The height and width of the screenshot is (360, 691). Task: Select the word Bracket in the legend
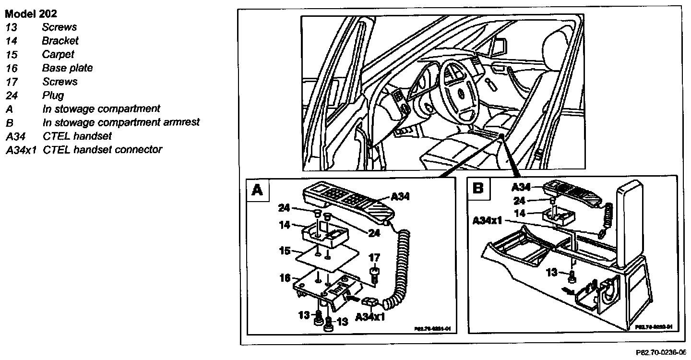pyautogui.click(x=60, y=41)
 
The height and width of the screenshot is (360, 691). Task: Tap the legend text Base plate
pyautogui.click(x=67, y=68)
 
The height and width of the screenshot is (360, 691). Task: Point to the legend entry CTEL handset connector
pyautogui.click(x=102, y=150)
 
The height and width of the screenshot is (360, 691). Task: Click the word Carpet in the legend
pyautogui.click(x=58, y=54)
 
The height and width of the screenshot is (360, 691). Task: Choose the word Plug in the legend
pyautogui.click(x=53, y=96)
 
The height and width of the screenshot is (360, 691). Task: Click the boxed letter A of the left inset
pyautogui.click(x=257, y=191)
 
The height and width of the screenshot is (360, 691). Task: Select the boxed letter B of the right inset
pyautogui.click(x=478, y=188)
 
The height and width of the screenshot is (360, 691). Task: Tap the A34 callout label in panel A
pyautogui.click(x=401, y=196)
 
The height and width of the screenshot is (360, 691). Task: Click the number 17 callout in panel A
pyautogui.click(x=374, y=258)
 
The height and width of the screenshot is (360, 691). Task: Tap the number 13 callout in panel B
pyautogui.click(x=552, y=272)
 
